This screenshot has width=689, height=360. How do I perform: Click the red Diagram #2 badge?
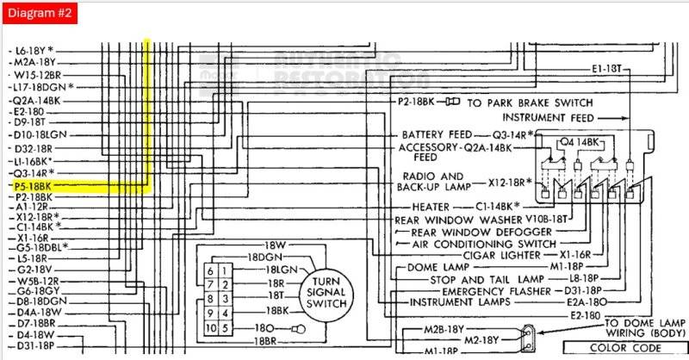[40, 15]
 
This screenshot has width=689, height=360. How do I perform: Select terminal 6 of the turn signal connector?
[210, 270]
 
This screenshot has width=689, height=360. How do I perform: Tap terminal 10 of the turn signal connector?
[210, 327]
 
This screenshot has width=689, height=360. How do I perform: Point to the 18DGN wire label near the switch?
[267, 257]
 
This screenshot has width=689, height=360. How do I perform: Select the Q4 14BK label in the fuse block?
[580, 141]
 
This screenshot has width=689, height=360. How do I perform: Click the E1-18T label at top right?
[606, 68]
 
